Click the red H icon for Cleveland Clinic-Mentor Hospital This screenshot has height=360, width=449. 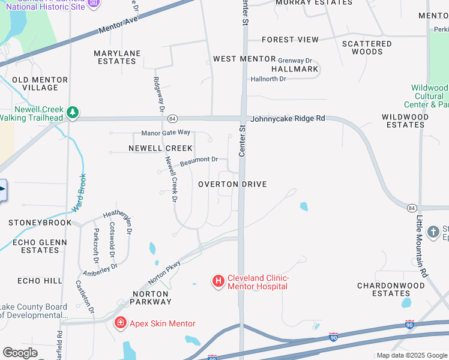coord(218,280)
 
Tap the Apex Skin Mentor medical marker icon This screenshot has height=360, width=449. coord(121,323)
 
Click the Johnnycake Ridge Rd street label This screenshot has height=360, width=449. coord(288,119)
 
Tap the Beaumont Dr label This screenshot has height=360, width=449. coord(199,160)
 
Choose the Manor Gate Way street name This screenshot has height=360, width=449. coord(166,132)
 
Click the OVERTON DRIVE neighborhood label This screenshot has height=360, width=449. coord(232,184)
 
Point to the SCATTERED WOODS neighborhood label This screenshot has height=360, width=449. coord(367,47)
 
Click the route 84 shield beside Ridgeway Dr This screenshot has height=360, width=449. coord(172,119)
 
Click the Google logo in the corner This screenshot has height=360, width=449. coord(20,353)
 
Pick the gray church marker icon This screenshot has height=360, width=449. coord(433,232)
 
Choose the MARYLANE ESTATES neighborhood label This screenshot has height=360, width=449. coord(117,57)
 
